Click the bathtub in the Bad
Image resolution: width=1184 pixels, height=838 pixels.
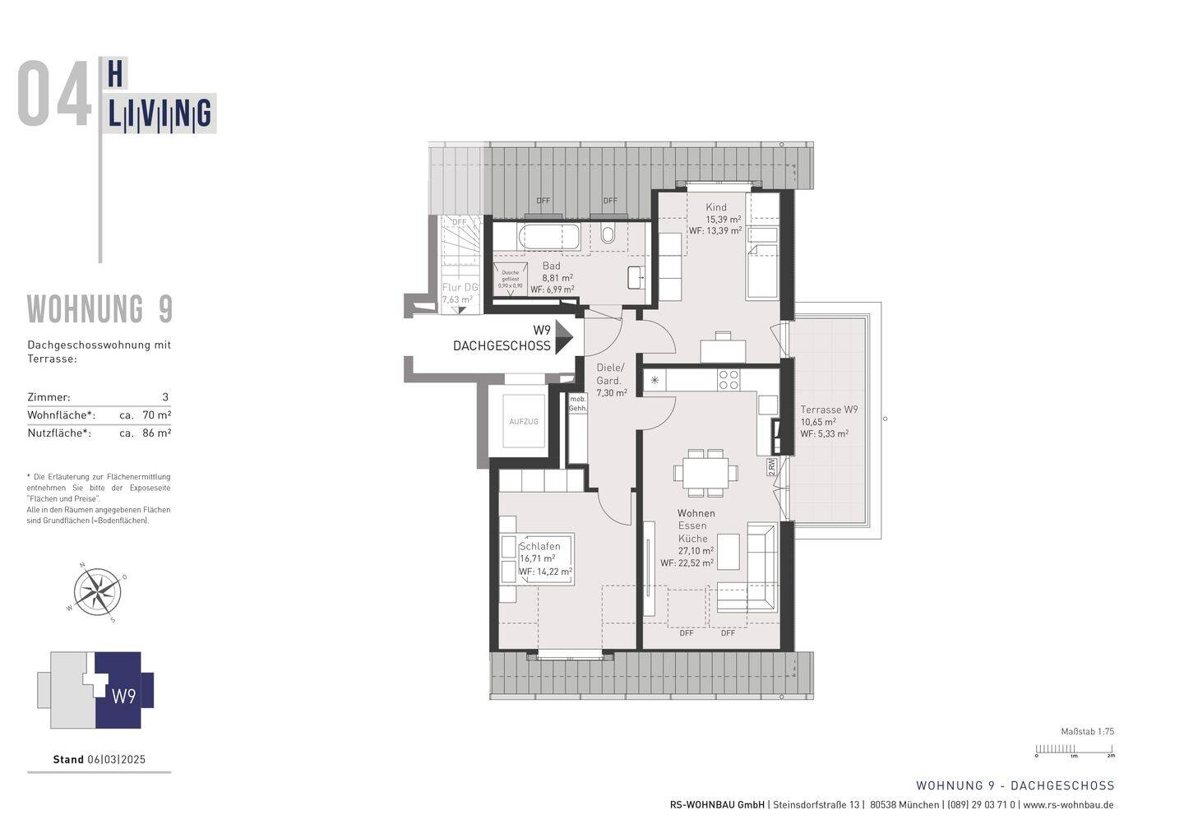coord(548,238)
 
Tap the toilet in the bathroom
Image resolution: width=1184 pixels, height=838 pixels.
coord(608,235)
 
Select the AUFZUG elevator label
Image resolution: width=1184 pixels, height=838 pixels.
coord(524,421)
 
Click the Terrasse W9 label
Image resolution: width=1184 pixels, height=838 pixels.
coord(830,410)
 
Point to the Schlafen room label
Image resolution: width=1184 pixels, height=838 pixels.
coord(539,546)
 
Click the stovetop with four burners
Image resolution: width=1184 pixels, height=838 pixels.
coord(728,379)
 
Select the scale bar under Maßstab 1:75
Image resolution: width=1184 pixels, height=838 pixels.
coord(1074,749)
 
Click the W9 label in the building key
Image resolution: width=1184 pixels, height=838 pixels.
coord(123,697)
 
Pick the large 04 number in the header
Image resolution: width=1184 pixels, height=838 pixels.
coord(54,96)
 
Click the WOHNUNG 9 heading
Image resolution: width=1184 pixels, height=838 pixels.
coord(99,309)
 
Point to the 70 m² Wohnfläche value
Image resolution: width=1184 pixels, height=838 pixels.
coord(156,415)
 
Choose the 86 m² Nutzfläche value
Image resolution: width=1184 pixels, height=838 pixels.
coord(156,433)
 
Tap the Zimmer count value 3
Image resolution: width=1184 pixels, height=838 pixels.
coord(165,397)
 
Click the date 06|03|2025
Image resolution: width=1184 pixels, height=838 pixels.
coord(116,759)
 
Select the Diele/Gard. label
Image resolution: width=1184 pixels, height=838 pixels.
coord(610,374)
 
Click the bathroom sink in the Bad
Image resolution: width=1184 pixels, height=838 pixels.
coord(636,277)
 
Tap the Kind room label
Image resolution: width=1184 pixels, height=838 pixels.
coord(716,207)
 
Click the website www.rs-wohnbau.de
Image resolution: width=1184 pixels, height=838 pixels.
coord(1068,805)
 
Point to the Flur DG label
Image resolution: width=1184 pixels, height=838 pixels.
coord(460,287)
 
